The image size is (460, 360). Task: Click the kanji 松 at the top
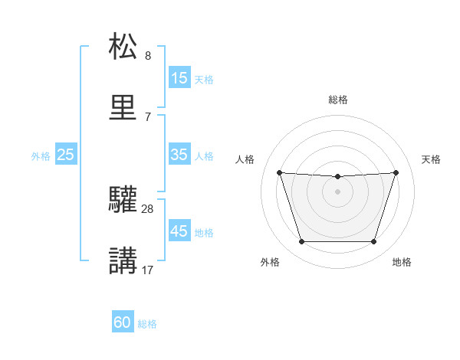123,46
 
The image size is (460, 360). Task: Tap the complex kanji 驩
123,199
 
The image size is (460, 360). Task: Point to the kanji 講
123,261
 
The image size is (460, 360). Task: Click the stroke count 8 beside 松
148,55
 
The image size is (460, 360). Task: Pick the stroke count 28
148,208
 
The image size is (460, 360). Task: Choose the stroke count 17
148,270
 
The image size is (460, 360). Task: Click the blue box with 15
179,77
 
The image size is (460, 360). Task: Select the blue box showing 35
179,154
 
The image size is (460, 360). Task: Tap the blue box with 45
179,231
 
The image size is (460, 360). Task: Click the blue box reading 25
65,154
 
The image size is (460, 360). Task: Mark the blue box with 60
123,322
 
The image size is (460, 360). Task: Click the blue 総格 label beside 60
147,324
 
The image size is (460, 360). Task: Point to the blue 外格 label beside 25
41,155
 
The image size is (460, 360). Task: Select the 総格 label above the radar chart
338,100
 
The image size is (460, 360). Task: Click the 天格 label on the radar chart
432,159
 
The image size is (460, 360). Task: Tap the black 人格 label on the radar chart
245,159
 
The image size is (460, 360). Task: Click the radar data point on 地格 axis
374,242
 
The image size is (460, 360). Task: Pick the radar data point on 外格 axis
301,242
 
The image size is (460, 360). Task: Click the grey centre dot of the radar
337,191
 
